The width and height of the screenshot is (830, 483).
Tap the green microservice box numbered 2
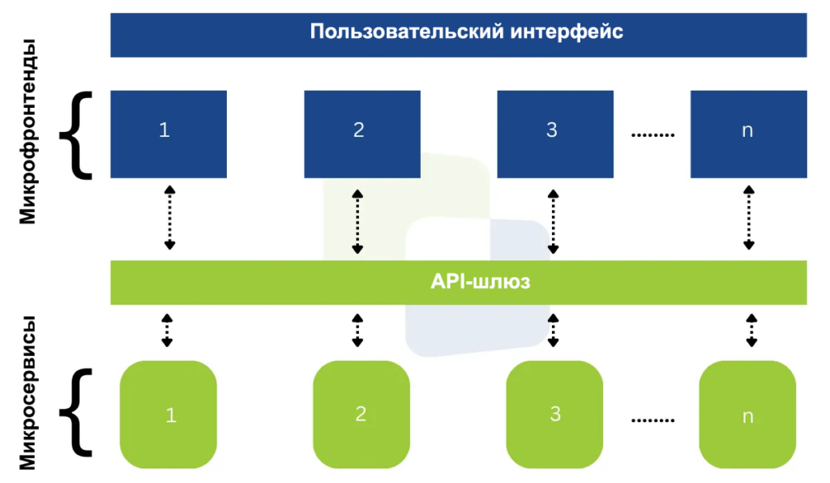[x=362, y=414]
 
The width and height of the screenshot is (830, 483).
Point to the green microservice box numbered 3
[x=554, y=414]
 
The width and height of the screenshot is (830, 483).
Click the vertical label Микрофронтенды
[x=28, y=135]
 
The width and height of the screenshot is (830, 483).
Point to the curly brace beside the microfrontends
[x=77, y=135]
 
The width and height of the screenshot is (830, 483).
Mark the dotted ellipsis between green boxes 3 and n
[x=652, y=420]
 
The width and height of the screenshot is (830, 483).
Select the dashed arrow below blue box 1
[x=169, y=217]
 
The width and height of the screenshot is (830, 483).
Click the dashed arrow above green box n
[x=750, y=331]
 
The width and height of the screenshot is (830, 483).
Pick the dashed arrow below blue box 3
[x=554, y=220]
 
